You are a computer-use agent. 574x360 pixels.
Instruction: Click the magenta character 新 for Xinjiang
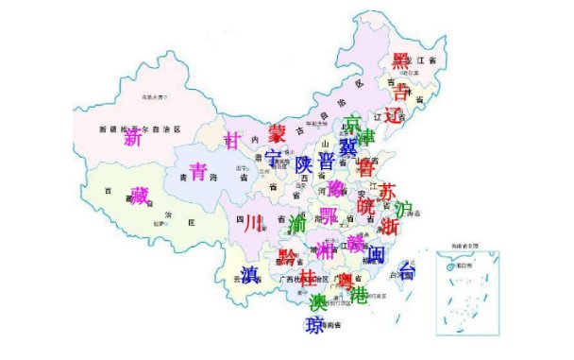coord(133,139)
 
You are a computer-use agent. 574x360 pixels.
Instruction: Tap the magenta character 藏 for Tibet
coord(140,196)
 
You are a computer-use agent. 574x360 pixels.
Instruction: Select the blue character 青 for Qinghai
coord(198,172)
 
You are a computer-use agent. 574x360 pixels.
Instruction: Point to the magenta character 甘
coord(233,141)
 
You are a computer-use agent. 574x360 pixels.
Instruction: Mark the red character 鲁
coord(366,167)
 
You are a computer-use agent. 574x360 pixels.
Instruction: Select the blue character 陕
coord(303,163)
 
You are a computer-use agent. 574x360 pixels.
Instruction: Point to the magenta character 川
coord(251,225)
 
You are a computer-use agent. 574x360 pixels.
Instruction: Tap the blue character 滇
coord(249,275)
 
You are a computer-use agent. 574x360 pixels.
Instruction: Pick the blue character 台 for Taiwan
coord(407,272)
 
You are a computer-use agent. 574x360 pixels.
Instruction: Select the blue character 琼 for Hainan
coord(314,326)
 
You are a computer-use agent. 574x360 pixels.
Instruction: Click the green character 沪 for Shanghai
coord(404,209)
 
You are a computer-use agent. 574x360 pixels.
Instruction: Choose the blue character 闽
coord(376,254)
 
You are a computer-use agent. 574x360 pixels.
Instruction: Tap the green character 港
coord(359,294)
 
